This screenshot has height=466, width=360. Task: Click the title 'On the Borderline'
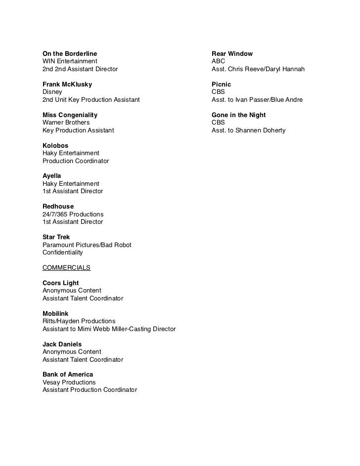click(x=70, y=53)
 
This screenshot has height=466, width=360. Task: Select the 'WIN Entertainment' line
click(x=70, y=61)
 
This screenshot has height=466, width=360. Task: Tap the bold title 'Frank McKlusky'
click(x=67, y=84)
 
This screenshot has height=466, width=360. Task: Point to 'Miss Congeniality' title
click(x=70, y=115)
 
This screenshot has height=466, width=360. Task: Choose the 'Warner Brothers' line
click(x=66, y=123)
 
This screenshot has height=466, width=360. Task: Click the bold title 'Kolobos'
click(x=55, y=145)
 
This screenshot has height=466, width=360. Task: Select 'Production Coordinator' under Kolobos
click(x=76, y=161)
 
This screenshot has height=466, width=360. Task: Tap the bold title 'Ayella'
click(x=52, y=176)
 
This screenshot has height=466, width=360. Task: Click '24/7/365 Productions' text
click(x=73, y=214)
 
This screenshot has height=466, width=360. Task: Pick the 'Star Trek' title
click(x=56, y=237)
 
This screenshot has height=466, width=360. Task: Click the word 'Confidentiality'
click(x=63, y=253)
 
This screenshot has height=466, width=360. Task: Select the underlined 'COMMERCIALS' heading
click(x=66, y=267)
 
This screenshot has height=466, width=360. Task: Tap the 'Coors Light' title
click(x=61, y=283)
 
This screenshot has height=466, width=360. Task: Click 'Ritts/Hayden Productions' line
click(x=79, y=321)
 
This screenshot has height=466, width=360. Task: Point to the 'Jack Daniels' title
click(x=62, y=344)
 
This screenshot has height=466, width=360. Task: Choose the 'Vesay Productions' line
click(x=69, y=382)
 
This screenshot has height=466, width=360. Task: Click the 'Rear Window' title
click(x=232, y=53)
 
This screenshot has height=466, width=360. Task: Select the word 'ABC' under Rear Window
click(x=218, y=61)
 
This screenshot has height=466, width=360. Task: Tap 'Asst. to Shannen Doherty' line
click(x=248, y=130)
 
